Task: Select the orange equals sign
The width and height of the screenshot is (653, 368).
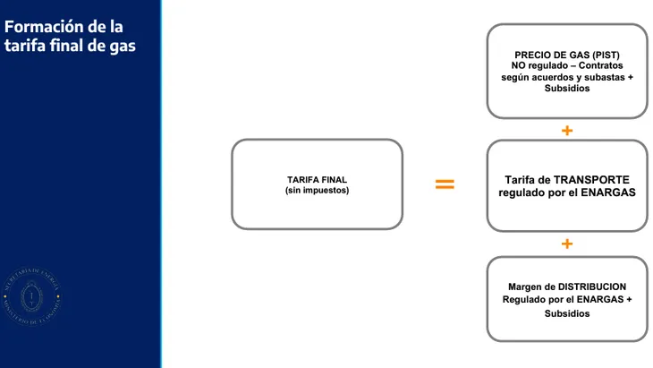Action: click(445, 184)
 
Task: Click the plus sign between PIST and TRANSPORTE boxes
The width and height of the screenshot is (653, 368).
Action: click(567, 131)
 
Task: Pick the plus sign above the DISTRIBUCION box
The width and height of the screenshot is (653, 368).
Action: click(567, 244)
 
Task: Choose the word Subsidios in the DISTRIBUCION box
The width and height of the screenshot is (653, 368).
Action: click(567, 313)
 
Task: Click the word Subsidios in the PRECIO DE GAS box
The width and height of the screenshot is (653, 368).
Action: click(567, 89)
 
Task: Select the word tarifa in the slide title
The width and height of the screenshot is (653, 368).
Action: click(22, 46)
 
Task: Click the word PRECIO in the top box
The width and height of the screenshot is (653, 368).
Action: click(534, 55)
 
